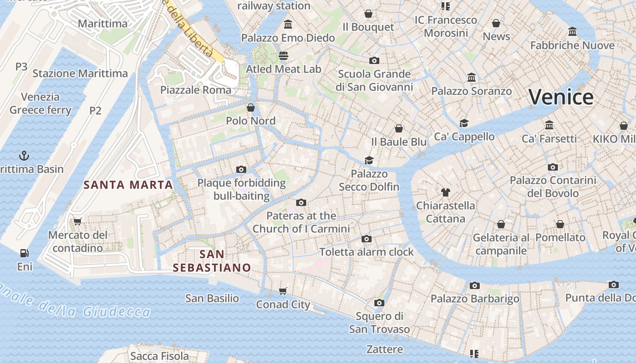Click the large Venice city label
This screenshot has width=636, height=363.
tap(561, 97)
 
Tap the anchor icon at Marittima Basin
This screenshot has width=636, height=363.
tap(24, 156)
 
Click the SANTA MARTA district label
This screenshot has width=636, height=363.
tap(129, 185)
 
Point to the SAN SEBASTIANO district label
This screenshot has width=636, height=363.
tap(212, 261)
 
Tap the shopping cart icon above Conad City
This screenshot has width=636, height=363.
tap(283, 291)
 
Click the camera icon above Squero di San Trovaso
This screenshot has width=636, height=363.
tap(379, 303)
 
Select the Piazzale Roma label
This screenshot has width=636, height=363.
tap(196, 90)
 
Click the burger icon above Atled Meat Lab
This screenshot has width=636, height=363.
tap(283, 56)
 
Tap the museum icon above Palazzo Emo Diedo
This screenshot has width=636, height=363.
tap(288, 24)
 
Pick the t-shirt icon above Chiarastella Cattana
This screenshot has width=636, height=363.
tap(446, 192)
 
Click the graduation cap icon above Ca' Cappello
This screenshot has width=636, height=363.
tap(464, 123)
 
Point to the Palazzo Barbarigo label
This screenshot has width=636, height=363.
tap(475, 299)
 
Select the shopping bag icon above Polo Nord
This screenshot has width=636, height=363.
tap(251, 108)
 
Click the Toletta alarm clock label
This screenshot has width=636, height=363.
tap(367, 252)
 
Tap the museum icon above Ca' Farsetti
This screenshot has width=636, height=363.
tap(549, 125)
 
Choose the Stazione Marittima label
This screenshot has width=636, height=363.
tap(80, 73)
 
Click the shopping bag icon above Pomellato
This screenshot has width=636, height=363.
tap(560, 224)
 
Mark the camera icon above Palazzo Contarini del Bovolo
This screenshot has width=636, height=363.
tap(553, 167)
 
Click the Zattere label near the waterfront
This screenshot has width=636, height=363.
tap(385, 349)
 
